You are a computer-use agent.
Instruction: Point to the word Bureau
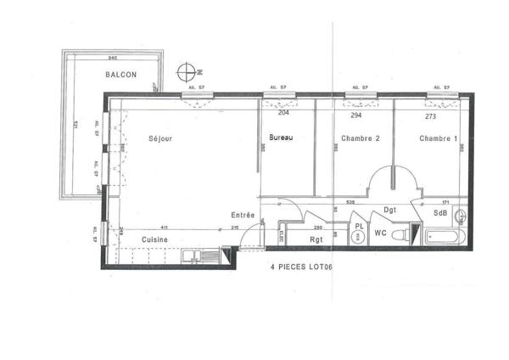282,138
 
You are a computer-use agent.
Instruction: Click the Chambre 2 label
359,138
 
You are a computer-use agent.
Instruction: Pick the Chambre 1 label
437,138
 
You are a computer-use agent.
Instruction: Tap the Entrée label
243,215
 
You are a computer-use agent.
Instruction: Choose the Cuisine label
154,239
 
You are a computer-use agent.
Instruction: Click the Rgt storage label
316,239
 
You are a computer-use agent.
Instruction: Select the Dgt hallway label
391,209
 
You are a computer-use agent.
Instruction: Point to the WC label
382,233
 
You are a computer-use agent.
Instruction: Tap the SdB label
439,213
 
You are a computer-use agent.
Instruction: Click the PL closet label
359,227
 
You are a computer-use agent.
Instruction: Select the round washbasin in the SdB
461,215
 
